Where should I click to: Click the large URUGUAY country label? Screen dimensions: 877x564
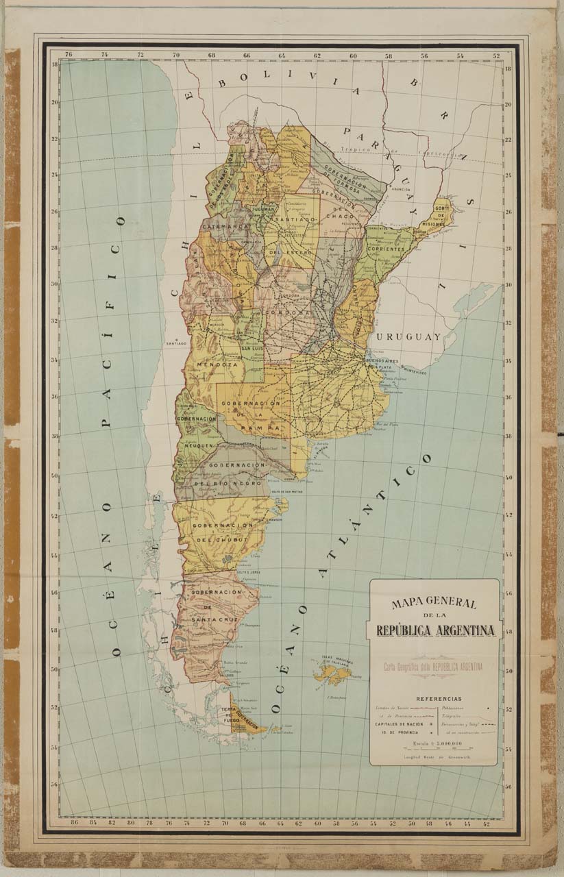(x=408, y=338)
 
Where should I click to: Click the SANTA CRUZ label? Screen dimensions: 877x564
(x=214, y=619)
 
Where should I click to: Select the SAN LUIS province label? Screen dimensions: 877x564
(x=252, y=349)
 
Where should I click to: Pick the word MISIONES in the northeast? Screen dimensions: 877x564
(x=439, y=223)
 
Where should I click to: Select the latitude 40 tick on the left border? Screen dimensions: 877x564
(x=53, y=476)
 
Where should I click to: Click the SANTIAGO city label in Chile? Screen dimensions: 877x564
(x=175, y=344)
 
